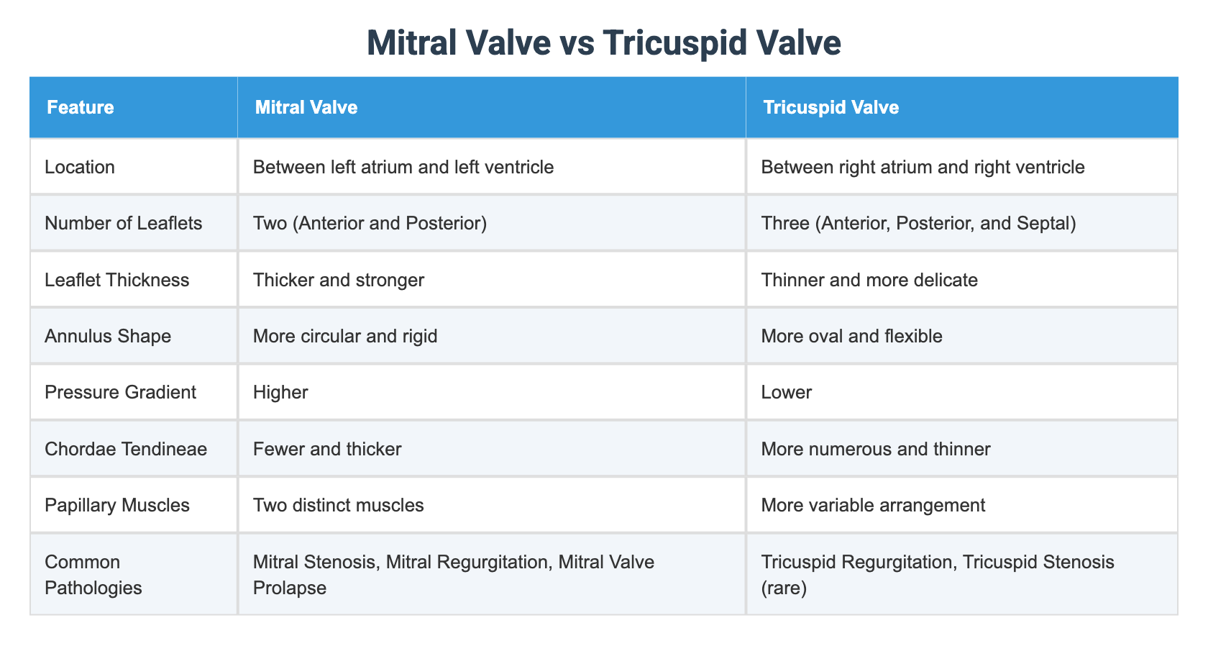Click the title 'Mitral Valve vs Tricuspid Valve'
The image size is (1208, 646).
tap(603, 42)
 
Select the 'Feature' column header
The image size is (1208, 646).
tap(80, 107)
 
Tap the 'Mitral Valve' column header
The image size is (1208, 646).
tap(306, 107)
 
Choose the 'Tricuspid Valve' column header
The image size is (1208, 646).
tap(830, 107)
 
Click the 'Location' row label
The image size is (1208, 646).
tap(79, 168)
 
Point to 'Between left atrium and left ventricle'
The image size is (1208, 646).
tap(403, 168)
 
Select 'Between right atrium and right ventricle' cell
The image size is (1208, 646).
tap(922, 168)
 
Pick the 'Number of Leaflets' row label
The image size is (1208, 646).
tap(123, 224)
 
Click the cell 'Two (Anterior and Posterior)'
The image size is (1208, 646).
tap(370, 224)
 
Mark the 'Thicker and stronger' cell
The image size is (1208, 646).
tap(338, 280)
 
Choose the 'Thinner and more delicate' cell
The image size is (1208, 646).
tap(869, 280)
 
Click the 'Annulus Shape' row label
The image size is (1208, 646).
tap(107, 336)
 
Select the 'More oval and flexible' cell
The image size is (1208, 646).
tap(851, 336)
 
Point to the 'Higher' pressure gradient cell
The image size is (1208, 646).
tap(280, 392)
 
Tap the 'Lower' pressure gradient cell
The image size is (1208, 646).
tap(786, 392)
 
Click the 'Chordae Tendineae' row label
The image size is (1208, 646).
tap(125, 449)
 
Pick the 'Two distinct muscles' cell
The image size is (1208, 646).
tap(338, 505)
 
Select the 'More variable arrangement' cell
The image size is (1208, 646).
tap(873, 505)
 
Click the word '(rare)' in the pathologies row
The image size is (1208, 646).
tap(784, 588)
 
